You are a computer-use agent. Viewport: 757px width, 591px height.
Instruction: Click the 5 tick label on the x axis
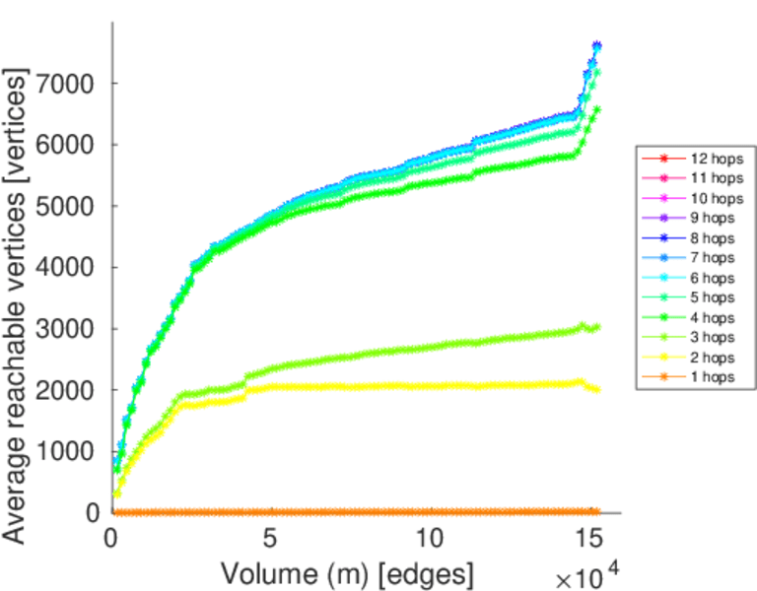(x=271, y=539)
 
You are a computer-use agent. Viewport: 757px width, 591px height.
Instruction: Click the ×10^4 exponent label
(x=590, y=572)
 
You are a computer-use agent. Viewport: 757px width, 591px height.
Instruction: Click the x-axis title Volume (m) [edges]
(x=346, y=572)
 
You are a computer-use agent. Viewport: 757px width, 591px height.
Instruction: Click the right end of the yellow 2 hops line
(x=595, y=389)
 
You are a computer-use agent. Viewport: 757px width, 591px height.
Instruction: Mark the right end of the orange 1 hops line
(x=595, y=511)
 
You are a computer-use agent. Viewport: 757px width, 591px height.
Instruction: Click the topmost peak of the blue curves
(x=596, y=45)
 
